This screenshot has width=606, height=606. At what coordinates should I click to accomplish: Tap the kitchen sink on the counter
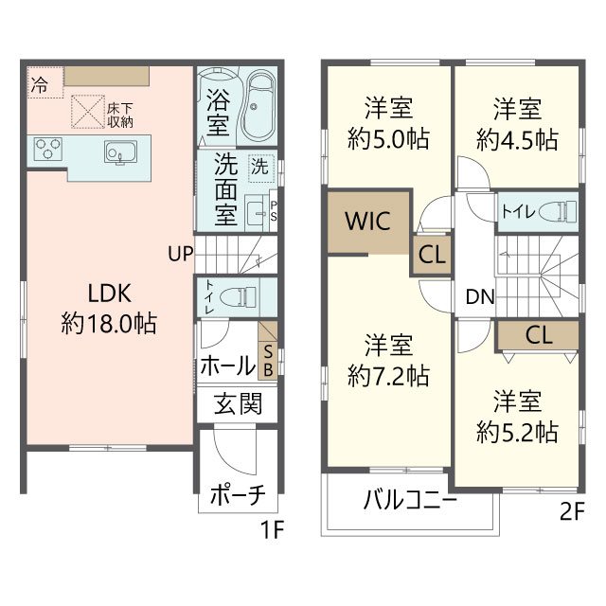tap(121, 151)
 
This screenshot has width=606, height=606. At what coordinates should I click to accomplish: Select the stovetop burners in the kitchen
tap(47, 150)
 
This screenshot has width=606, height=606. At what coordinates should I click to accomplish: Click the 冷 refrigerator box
tap(39, 84)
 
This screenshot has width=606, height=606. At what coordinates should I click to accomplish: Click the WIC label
tap(368, 222)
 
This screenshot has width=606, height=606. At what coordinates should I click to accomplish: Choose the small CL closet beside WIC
tap(432, 254)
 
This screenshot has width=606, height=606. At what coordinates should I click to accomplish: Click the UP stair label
tap(182, 254)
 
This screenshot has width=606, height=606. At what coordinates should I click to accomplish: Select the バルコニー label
tap(410, 500)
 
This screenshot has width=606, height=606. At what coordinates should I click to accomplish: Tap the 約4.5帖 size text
tap(516, 140)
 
